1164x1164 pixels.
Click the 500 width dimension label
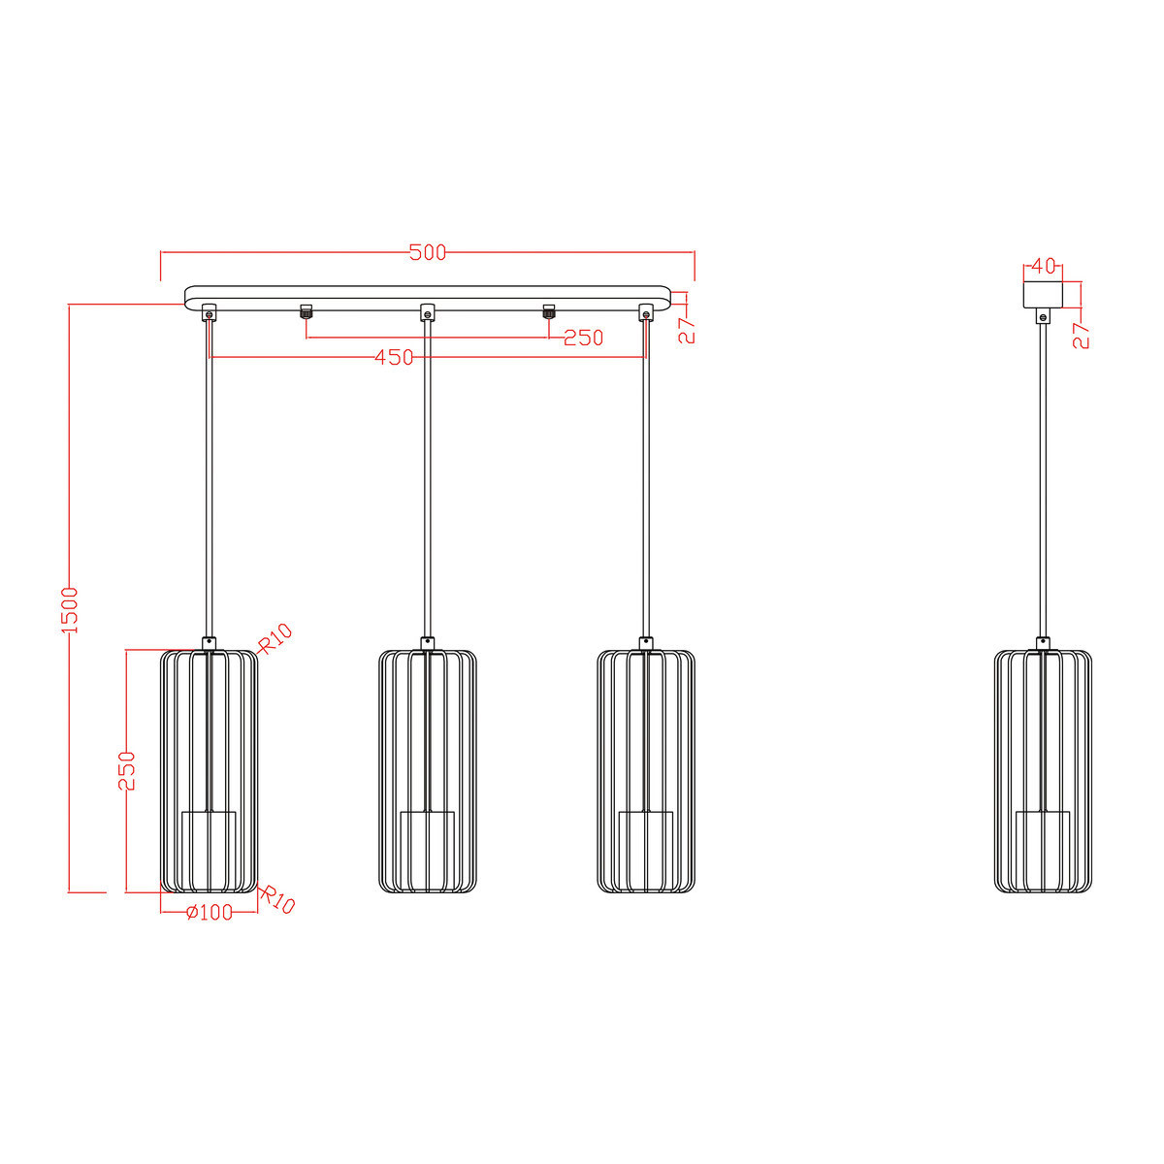click(x=427, y=253)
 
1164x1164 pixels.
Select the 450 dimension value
click(x=395, y=358)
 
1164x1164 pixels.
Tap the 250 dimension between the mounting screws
click(x=583, y=338)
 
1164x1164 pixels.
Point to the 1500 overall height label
click(x=70, y=609)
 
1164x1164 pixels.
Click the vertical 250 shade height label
click(x=127, y=771)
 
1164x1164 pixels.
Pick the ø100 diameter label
click(x=209, y=912)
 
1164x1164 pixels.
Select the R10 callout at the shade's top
click(x=275, y=638)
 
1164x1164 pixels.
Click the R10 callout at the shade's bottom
click(x=277, y=900)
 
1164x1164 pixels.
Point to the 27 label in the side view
click(x=1082, y=335)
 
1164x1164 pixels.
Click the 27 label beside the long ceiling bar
click(x=687, y=330)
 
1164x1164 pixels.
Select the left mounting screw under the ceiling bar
click(x=307, y=311)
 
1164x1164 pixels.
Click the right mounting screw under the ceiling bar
click(x=548, y=311)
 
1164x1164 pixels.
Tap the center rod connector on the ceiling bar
click(x=427, y=312)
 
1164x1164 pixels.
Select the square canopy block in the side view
click(x=1043, y=294)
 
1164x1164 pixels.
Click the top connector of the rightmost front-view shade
click(x=645, y=642)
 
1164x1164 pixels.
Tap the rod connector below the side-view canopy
click(x=1043, y=316)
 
